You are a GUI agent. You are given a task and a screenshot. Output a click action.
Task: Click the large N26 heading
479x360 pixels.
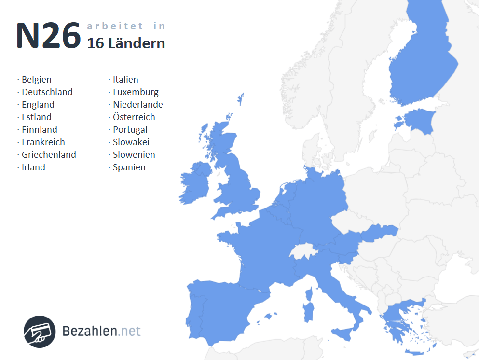pyautogui.click(x=48, y=36)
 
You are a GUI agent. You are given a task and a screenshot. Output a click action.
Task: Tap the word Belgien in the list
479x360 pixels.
pyautogui.click(x=36, y=80)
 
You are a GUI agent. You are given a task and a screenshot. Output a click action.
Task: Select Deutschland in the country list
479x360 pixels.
pyautogui.click(x=47, y=92)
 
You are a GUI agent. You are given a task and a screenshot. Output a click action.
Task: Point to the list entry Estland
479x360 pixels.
pyautogui.click(x=36, y=117)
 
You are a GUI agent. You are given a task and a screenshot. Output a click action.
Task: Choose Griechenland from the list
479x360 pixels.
pyautogui.click(x=49, y=155)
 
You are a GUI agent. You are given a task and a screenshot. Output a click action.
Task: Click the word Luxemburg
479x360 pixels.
pyautogui.click(x=136, y=92)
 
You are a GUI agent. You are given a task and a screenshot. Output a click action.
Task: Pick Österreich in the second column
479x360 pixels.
pyautogui.click(x=134, y=117)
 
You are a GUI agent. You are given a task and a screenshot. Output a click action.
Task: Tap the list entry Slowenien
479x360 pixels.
pyautogui.click(x=134, y=155)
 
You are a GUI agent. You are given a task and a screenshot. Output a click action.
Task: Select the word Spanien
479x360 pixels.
pyautogui.click(x=129, y=167)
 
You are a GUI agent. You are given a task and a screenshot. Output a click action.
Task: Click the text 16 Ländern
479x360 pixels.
pyautogui.click(x=126, y=43)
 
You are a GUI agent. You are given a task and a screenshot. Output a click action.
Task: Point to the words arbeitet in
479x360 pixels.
pyautogui.click(x=126, y=26)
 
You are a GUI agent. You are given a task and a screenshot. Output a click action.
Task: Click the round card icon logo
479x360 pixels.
pyautogui.click(x=40, y=332)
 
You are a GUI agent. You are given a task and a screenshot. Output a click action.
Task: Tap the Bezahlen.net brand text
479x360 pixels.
pyautogui.click(x=102, y=331)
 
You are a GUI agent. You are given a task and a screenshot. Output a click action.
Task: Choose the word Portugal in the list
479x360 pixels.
pyautogui.click(x=130, y=130)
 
